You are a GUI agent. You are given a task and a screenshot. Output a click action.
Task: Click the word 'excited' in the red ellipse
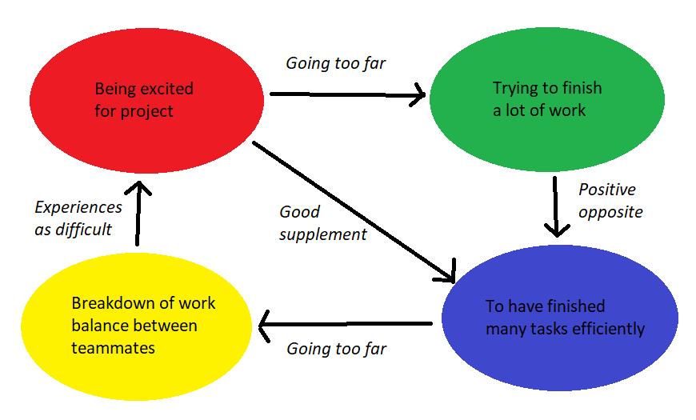coord(165,89)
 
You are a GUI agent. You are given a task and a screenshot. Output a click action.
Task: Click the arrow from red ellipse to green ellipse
coord(348,95)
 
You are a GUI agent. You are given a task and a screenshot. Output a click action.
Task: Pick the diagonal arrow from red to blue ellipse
coord(352,212)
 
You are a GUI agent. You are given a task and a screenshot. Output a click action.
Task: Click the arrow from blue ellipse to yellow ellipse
coord(344,325)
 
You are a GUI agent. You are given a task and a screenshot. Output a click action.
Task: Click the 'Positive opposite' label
coord(610,201)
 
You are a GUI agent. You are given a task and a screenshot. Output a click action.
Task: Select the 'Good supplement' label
coord(322,223)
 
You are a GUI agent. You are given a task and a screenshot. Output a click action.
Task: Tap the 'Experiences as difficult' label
coord(78,218)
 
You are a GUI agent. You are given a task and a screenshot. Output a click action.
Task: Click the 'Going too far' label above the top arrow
coord(336,63)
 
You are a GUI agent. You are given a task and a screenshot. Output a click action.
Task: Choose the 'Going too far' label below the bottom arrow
coord(336,350)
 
